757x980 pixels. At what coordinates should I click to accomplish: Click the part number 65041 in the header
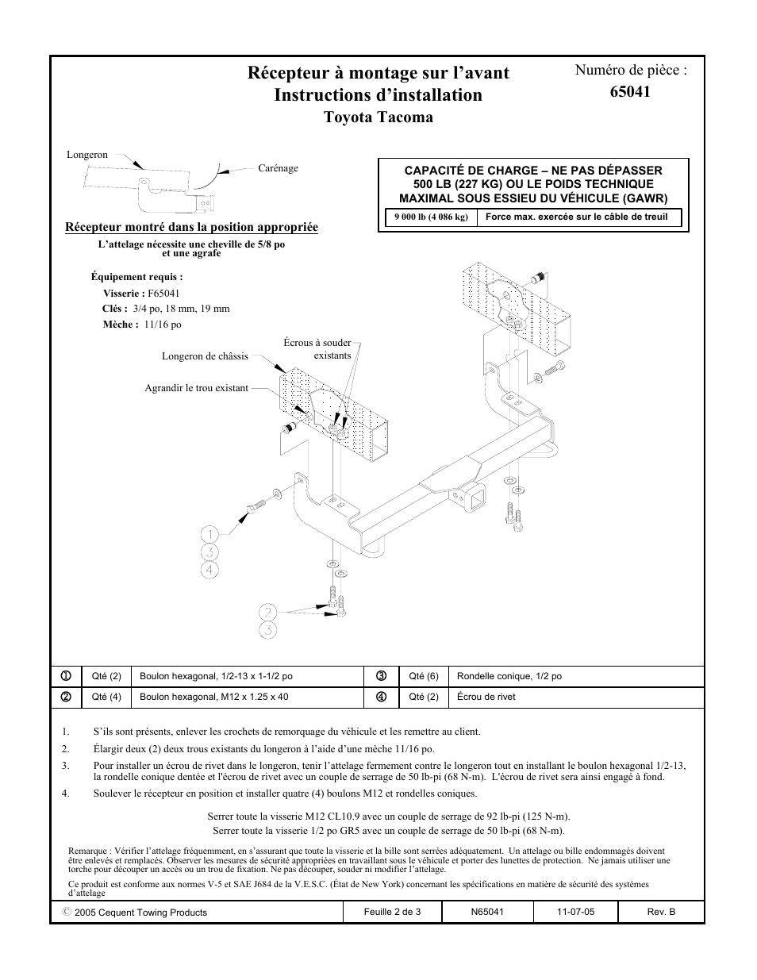tap(630, 91)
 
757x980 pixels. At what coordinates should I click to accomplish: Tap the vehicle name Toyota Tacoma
tap(378, 117)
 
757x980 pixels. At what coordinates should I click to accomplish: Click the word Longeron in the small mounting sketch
tap(87, 155)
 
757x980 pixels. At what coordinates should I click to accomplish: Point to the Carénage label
tap(278, 168)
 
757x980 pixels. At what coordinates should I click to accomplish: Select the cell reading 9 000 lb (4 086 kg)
tap(431, 217)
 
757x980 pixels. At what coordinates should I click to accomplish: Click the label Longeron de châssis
tap(205, 356)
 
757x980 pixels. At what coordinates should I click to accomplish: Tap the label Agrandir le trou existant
tap(196, 388)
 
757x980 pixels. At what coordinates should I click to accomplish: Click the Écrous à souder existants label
tap(317, 349)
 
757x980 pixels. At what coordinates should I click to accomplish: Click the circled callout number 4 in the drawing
tap(209, 569)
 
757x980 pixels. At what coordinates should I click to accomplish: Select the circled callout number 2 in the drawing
tap(268, 612)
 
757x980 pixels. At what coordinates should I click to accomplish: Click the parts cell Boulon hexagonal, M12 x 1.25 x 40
tap(213, 697)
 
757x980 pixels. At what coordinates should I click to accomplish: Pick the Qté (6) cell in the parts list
tap(423, 676)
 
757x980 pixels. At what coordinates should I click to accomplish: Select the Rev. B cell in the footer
tap(661, 912)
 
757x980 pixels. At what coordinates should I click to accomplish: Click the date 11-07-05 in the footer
tap(575, 912)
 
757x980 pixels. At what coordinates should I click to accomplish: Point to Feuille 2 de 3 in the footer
tap(392, 912)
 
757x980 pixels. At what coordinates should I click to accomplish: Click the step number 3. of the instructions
tap(66, 766)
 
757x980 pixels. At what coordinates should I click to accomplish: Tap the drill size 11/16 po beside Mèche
tap(163, 325)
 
